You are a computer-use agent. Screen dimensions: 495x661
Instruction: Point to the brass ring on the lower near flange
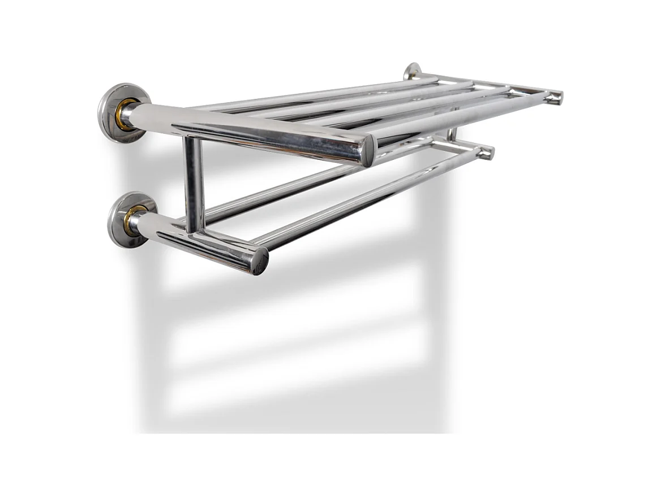133,220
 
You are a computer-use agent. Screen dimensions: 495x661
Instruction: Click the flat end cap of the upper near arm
367,151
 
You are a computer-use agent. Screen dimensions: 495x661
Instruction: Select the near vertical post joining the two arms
194,184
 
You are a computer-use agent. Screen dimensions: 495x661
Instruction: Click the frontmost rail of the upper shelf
453,116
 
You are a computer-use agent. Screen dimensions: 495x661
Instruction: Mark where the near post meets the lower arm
195,229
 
